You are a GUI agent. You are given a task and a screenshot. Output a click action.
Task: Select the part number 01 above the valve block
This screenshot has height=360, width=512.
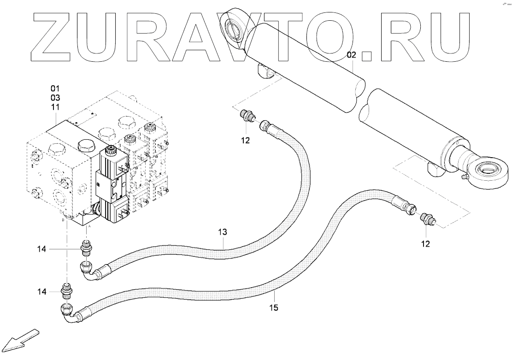(x=55, y=88)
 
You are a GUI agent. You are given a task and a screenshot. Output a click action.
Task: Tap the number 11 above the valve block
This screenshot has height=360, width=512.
(x=55, y=107)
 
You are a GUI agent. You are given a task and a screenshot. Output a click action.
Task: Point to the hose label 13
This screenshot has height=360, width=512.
(x=223, y=233)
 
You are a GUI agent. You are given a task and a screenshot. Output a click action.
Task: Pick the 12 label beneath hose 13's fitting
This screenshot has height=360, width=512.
(x=245, y=140)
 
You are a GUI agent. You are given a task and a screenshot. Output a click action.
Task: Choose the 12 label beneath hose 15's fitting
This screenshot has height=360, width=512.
(x=425, y=243)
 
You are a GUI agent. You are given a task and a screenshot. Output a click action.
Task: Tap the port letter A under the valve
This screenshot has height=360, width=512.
(x=89, y=227)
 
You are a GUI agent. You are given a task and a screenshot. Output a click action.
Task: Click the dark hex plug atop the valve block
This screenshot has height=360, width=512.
(x=87, y=147)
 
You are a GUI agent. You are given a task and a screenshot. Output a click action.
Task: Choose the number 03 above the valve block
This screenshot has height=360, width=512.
(x=55, y=98)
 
